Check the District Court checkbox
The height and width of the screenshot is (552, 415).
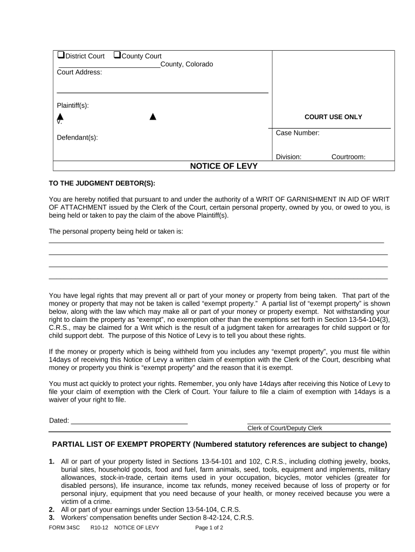60,56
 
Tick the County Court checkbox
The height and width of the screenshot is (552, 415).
117,56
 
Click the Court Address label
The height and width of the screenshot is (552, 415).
79,72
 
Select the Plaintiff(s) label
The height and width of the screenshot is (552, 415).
73,105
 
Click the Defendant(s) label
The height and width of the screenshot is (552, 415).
78,137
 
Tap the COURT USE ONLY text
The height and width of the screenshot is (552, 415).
333,117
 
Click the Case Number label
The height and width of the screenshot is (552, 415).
298,133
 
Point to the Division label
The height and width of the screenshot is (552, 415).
288,157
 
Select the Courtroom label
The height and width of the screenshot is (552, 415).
348,157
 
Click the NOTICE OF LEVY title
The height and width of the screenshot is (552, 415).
224,166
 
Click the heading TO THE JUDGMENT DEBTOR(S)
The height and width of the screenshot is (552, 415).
102,183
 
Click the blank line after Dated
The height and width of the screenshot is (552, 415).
129,420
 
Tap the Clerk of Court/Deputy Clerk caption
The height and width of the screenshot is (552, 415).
284,428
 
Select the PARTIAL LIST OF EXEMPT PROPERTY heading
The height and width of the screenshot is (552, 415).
219,445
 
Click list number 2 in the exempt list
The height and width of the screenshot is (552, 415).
52,510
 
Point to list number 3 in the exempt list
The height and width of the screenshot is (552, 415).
52,518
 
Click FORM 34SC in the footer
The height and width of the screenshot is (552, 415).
64,528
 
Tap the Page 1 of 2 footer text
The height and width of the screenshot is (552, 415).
209,528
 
